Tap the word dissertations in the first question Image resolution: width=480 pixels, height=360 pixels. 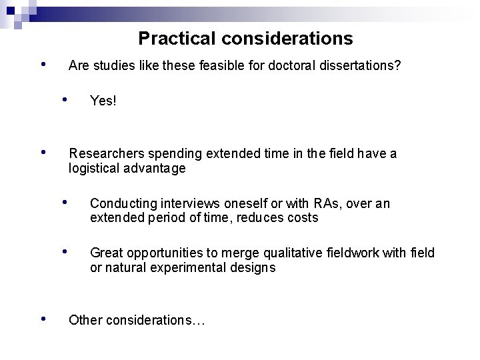365,66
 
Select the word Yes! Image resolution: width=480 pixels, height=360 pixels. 103,101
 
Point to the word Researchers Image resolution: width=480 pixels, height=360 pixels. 103,154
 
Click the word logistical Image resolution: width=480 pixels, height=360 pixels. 93,169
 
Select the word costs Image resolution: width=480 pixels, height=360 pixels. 303,218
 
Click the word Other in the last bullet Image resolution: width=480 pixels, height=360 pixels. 85,320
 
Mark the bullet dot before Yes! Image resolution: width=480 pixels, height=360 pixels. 65,99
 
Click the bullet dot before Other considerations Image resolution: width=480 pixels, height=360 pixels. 43,318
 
